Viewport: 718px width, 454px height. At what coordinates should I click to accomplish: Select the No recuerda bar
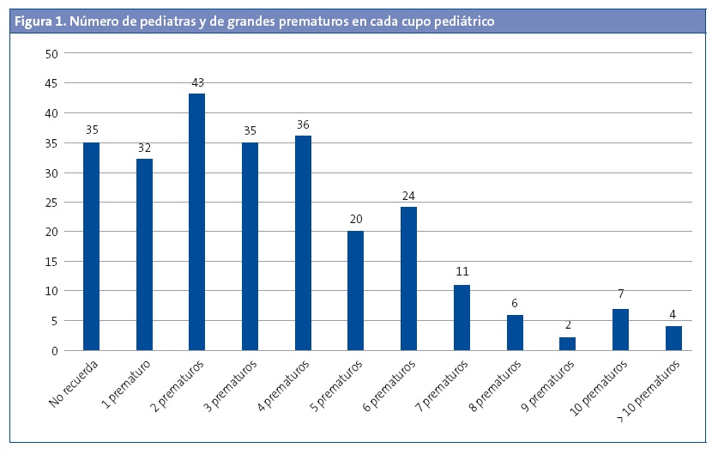coord(91,246)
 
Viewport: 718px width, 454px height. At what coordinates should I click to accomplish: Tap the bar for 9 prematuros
coord(568,343)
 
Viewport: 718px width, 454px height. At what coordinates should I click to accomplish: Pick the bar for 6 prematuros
coord(408,278)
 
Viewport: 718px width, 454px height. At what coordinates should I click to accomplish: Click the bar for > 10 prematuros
coord(673,338)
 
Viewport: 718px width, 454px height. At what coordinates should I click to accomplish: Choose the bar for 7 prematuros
coord(462,318)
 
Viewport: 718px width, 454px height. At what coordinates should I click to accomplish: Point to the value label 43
coord(197,82)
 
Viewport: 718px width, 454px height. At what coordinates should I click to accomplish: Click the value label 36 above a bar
coord(303,124)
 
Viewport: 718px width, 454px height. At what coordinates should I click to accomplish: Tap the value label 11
coord(462,272)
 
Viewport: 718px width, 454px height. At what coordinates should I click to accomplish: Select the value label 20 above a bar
coord(356,219)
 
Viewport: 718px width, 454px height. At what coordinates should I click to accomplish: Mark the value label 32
coord(144,148)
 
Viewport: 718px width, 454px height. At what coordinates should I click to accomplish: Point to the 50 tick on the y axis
coord(51,53)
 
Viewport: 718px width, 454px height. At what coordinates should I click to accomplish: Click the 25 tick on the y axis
coord(51,202)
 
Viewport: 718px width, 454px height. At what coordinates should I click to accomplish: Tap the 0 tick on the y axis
coord(54,350)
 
